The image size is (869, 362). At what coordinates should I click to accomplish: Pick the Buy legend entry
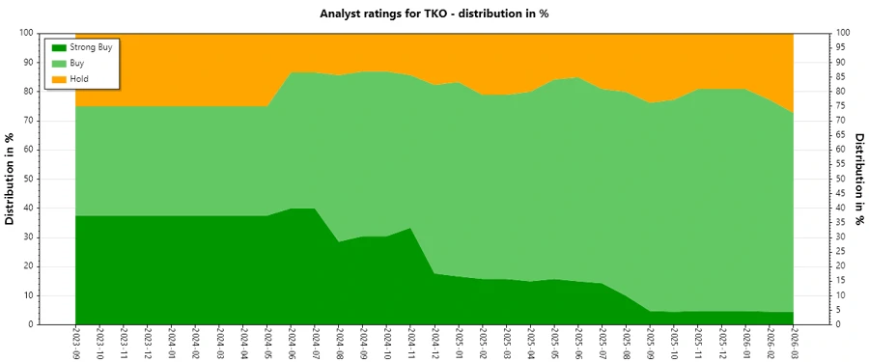point(77,62)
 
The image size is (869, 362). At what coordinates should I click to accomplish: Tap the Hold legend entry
point(79,77)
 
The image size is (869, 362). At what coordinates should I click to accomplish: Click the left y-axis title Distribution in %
point(11,179)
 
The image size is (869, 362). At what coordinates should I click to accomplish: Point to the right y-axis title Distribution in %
point(858,179)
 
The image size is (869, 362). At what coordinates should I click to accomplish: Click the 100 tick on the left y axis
point(27,33)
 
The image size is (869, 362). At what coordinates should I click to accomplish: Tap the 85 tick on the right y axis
point(842,76)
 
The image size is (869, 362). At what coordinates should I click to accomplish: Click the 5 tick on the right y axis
point(839,310)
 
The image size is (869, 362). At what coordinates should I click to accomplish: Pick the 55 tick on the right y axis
point(842,164)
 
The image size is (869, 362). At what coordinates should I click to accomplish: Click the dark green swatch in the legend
point(57,46)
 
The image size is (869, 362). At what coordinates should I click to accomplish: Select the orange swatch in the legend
point(57,77)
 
